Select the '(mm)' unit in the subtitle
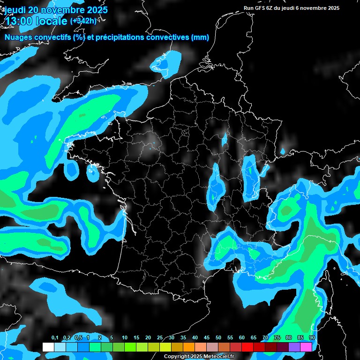(x=200, y=37)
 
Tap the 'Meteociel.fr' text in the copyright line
(x=218, y=357)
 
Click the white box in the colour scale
(x=48, y=347)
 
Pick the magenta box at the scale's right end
(x=306, y=347)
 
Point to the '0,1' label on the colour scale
(x=55, y=338)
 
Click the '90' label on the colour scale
(x=312, y=338)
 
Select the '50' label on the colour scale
(x=218, y=338)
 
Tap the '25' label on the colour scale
(x=160, y=338)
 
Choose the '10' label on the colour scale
(x=125, y=338)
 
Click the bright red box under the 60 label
(x=247, y=347)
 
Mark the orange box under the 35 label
(x=189, y=347)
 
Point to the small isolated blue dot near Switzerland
(x=283, y=151)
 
